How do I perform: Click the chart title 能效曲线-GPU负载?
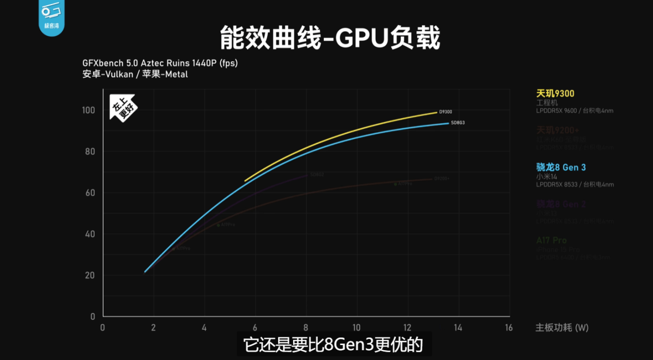(330, 38)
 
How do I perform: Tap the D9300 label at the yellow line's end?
(445, 112)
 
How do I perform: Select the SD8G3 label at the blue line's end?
(458, 123)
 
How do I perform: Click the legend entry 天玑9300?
(555, 94)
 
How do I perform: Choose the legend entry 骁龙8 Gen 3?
(561, 167)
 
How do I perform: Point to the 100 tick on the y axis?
(89, 110)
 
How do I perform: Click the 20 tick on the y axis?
(90, 276)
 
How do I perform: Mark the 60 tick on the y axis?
(90, 193)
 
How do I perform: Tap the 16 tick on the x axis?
(509, 328)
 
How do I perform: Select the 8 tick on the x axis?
(306, 328)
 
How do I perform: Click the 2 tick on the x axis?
(153, 328)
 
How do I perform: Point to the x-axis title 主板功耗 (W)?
(562, 328)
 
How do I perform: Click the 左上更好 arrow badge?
(122, 108)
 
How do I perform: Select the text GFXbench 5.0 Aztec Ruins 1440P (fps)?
(160, 63)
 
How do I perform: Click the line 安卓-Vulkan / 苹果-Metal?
(135, 74)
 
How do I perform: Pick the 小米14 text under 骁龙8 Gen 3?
(546, 177)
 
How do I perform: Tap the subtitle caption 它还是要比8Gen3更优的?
(333, 345)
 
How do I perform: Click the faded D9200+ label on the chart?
(442, 179)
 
